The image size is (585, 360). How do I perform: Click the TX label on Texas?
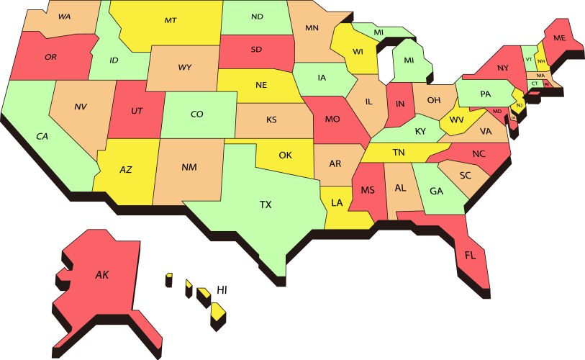click(266, 204)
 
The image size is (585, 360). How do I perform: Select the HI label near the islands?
click(222, 290)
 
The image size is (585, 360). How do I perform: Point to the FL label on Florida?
click(471, 256)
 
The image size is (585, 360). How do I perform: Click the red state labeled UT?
click(137, 111)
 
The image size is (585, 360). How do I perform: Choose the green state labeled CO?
click(196, 114)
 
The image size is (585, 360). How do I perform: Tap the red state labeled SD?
click(257, 50)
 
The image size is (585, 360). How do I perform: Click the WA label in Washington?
click(64, 17)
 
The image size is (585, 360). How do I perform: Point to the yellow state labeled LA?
click(337, 203)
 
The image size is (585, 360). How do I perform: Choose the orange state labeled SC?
click(465, 175)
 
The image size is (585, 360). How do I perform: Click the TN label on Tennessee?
click(398, 152)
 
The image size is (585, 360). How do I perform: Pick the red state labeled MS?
click(368, 190)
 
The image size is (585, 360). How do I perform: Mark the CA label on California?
click(42, 136)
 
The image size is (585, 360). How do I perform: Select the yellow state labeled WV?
click(455, 119)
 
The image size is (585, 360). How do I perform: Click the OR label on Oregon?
click(50, 57)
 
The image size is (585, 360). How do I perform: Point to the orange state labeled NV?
click(81, 107)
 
